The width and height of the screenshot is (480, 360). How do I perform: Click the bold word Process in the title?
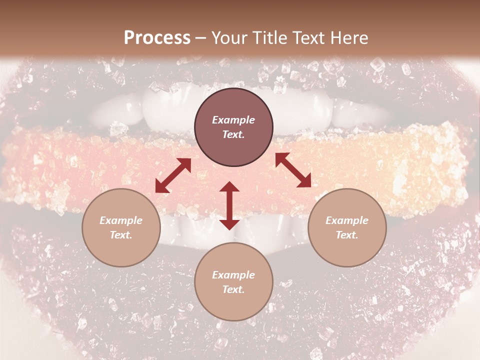tap(157, 37)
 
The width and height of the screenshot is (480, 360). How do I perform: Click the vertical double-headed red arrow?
tap(229, 205)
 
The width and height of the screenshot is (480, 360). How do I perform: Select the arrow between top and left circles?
tap(173, 175)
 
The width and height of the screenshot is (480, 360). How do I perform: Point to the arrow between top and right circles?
tap(293, 170)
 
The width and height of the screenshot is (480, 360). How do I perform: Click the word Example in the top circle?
tap(233, 120)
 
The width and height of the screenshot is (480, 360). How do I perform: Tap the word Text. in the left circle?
tap(121, 235)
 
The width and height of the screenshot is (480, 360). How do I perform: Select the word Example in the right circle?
tap(347, 220)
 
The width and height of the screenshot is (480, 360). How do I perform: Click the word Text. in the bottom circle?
tap(233, 289)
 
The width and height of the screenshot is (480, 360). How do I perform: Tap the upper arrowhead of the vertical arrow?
tap(229, 186)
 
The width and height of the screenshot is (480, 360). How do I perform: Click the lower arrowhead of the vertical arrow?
tap(229, 224)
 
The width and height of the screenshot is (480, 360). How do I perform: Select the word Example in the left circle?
tap(121, 220)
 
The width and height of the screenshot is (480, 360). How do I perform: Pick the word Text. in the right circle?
tap(347, 235)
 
